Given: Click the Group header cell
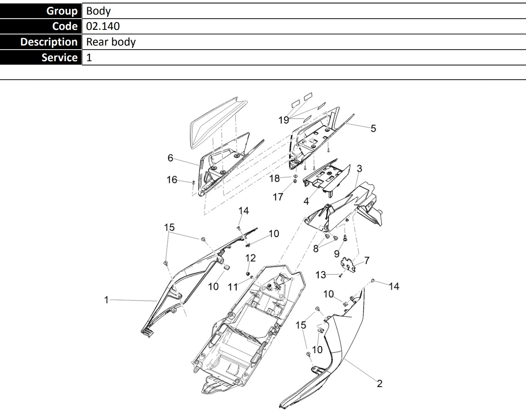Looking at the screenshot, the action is (x=41, y=11).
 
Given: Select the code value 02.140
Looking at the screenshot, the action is (x=103, y=26).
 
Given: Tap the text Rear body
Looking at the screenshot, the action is (x=111, y=42).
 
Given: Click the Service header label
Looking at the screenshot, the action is (x=60, y=57).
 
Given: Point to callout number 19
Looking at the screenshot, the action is (x=284, y=120).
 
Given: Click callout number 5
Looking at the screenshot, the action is (x=373, y=128).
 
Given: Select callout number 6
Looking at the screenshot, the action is (x=170, y=158).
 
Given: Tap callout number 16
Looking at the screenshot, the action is (x=172, y=180).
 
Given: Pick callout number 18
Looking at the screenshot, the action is (x=274, y=178).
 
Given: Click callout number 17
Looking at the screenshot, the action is (x=278, y=197).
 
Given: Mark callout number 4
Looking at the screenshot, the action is (x=306, y=201).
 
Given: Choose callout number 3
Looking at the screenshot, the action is (x=359, y=168).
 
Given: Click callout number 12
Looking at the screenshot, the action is (x=251, y=258).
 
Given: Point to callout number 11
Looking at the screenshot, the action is (x=233, y=287).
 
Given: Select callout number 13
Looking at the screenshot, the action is (x=321, y=275).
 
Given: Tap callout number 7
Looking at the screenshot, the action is (x=367, y=261).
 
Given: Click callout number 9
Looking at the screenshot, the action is (x=336, y=254).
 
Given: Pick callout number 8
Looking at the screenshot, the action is (x=316, y=249).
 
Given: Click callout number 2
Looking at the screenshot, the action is (x=380, y=384).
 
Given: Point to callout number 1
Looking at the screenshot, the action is (x=106, y=300).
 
